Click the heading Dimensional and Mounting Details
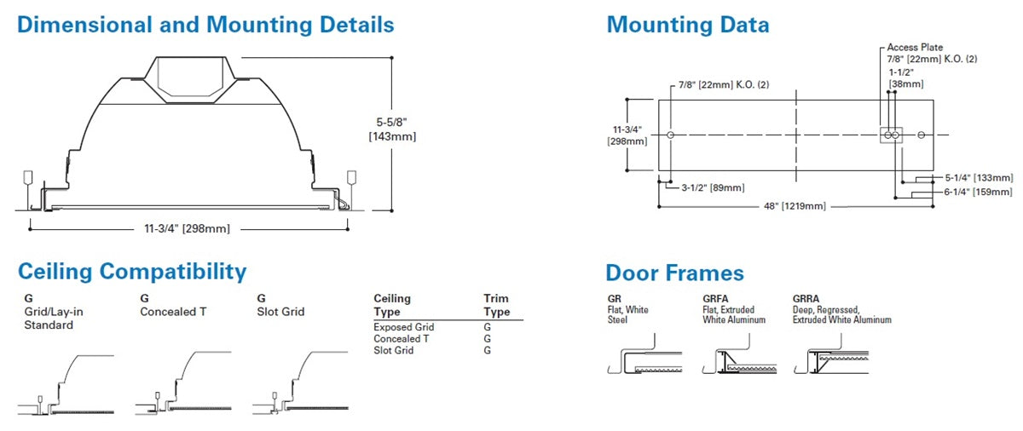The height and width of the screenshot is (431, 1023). (x=205, y=25)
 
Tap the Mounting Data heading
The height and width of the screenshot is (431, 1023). (x=687, y=25)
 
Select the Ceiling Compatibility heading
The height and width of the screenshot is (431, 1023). (x=132, y=272)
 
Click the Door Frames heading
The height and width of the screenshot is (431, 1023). (x=674, y=273)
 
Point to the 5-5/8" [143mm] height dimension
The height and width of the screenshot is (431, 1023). (x=396, y=128)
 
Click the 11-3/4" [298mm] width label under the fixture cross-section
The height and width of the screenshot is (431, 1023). (x=188, y=228)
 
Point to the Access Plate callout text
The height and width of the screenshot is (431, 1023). (x=915, y=48)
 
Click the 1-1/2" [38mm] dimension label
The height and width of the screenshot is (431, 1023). (x=904, y=78)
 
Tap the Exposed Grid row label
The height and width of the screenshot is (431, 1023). (x=403, y=327)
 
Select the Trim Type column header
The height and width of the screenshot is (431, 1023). (x=496, y=305)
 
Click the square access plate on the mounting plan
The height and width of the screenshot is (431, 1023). (x=890, y=135)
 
